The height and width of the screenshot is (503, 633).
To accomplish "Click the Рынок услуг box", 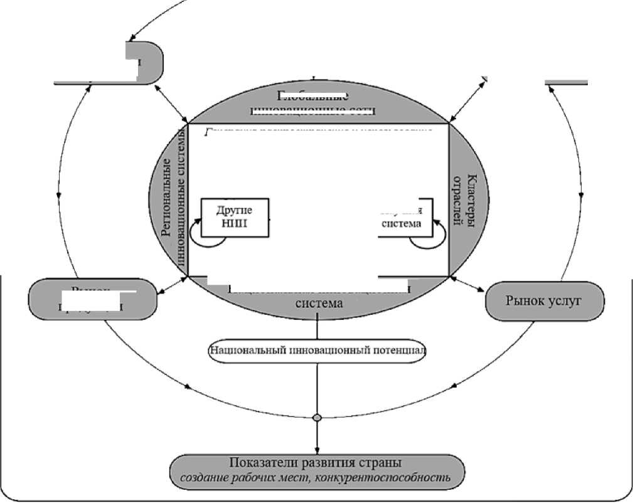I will coord(545,301).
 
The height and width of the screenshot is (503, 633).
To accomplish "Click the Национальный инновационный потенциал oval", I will coord(317,350).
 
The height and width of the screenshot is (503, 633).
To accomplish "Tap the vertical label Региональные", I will coord(168,196).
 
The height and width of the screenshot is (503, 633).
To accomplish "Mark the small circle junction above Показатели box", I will coord(317,418).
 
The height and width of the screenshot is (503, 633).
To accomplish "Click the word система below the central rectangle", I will coord(319,304).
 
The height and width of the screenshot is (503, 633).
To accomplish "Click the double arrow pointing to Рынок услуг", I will coord(467,283).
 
